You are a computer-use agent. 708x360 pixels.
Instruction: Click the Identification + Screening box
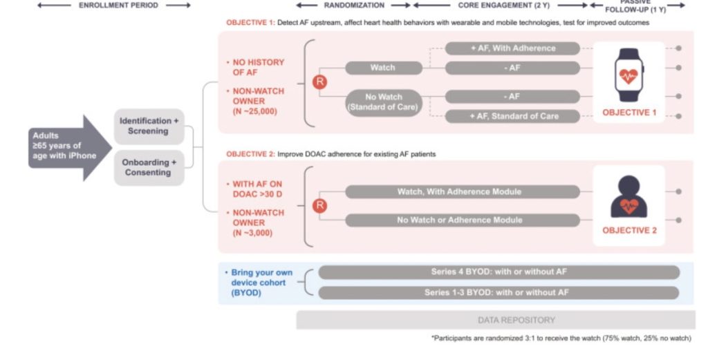(x=149, y=126)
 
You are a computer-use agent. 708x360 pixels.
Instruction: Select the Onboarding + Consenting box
(x=149, y=167)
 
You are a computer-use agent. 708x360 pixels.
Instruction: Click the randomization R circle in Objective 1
(x=320, y=82)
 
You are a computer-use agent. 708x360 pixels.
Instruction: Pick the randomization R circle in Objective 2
(x=320, y=205)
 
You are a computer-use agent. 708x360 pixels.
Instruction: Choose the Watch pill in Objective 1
(x=383, y=68)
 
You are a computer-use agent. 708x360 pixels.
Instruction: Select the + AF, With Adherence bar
(x=512, y=48)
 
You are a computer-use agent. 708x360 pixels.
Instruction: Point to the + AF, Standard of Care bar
(x=512, y=116)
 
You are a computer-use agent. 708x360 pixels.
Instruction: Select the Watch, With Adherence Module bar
(x=459, y=191)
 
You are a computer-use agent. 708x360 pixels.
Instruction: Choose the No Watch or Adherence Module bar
(x=459, y=220)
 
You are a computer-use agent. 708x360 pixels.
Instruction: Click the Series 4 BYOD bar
(x=499, y=272)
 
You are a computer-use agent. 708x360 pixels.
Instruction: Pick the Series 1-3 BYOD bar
(x=499, y=292)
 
